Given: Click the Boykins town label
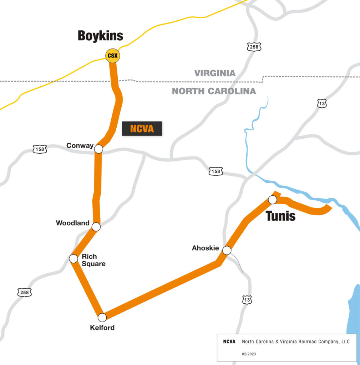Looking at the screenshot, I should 100,36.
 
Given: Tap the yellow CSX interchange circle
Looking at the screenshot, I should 112,56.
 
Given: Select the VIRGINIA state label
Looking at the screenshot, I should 215,73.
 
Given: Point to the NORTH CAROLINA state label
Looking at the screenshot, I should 214,91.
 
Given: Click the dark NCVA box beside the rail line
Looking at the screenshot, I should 142,129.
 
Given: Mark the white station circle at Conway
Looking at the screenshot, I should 98,149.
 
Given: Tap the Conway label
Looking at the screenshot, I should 80,145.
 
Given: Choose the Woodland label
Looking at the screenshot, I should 73,223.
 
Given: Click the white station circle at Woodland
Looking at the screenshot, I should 96,226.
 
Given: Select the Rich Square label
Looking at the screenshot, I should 93,260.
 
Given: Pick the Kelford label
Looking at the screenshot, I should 102,328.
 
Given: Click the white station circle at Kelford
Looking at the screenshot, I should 102,317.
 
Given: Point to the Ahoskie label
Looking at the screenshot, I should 205,248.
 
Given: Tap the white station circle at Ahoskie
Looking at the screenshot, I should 227,250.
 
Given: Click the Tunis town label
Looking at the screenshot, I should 280,216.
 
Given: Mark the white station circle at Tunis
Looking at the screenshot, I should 272,200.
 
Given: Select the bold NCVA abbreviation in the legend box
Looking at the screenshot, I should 229,341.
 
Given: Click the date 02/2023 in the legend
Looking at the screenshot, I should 249,354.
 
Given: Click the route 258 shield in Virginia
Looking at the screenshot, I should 254,47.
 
